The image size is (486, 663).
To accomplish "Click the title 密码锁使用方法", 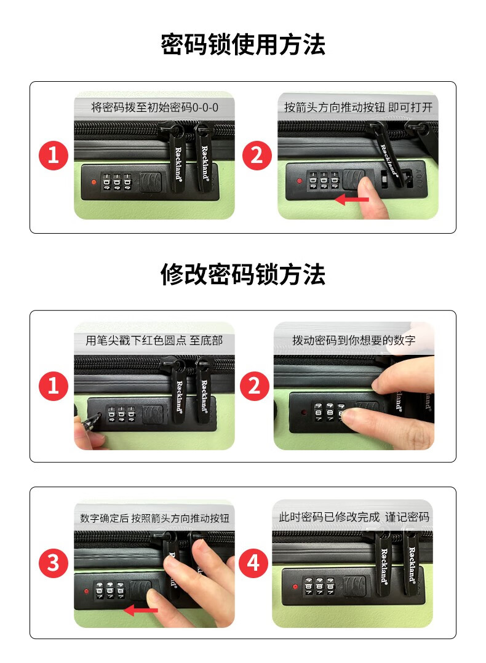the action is (x=243, y=44).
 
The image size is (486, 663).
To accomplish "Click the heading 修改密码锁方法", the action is (x=243, y=274).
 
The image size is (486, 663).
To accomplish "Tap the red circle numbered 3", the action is (x=54, y=563).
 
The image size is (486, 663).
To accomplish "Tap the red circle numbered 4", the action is (x=253, y=563).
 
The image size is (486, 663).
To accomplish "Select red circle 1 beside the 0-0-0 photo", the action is (x=54, y=155).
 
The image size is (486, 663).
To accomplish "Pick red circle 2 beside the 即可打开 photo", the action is (x=257, y=155).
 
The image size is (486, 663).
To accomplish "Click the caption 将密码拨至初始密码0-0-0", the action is (x=155, y=108).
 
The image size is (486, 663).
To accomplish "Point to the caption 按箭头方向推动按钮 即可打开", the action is (x=358, y=108).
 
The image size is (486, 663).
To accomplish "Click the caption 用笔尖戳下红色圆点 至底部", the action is (x=154, y=340).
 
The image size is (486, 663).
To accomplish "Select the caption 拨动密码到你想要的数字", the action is (x=354, y=340).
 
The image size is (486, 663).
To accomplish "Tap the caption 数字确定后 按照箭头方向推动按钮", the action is (x=155, y=518).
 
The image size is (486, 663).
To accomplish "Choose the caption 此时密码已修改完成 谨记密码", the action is (x=354, y=517).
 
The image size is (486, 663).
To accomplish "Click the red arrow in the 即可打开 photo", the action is (x=352, y=199).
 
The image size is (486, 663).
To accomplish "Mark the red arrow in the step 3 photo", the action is (x=140, y=610).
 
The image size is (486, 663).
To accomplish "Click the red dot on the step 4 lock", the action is (x=295, y=587).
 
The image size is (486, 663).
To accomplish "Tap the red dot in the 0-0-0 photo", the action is (x=94, y=182).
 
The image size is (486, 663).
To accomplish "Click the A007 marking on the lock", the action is (x=418, y=178).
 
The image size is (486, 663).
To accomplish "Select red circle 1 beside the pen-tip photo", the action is (x=54, y=386).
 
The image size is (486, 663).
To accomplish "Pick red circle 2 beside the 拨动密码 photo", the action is (x=254, y=386).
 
